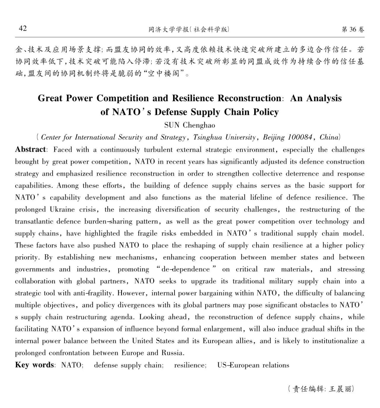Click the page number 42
23,28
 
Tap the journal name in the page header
189,30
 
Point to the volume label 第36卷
353,29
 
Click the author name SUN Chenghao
190,125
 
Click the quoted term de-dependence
186,269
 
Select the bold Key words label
34,365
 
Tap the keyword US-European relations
253,365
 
